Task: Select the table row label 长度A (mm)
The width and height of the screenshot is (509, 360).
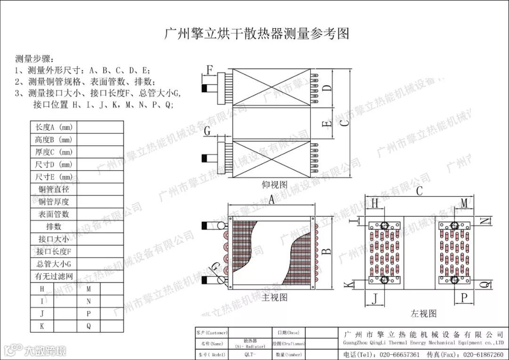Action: point(53,127)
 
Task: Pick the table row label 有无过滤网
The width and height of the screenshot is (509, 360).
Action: point(53,276)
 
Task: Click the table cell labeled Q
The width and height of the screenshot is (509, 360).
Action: point(89,326)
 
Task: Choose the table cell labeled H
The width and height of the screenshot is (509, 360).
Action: point(42,288)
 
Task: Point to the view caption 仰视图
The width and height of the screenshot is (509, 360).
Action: point(274,184)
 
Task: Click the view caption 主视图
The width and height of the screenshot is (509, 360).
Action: point(274,297)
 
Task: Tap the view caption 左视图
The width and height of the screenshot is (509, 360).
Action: point(423,313)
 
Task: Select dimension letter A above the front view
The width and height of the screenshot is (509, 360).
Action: point(271,200)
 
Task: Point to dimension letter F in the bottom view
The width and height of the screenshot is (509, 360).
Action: point(209,70)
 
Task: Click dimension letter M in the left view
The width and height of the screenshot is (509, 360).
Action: point(464,203)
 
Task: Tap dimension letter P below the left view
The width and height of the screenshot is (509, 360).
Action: point(464,297)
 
